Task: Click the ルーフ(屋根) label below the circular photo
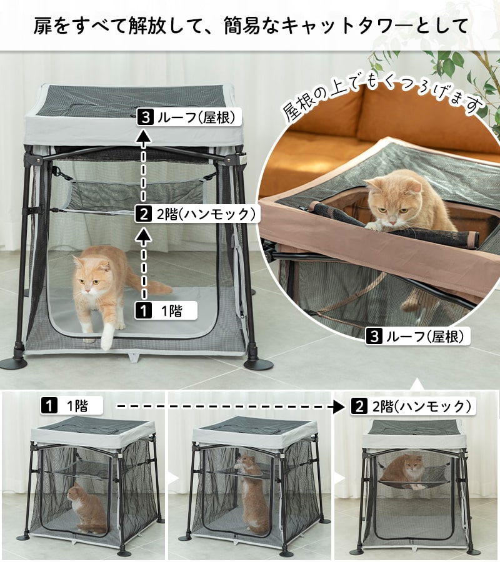[416, 337]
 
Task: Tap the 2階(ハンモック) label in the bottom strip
[411, 407]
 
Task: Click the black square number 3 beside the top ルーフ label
[144, 117]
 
